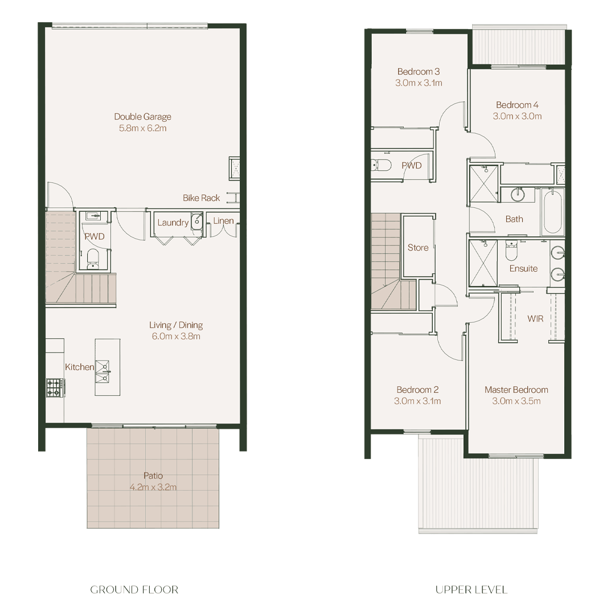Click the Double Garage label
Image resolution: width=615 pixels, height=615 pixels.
[x=142, y=117]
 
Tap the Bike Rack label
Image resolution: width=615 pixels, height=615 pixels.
[x=201, y=198]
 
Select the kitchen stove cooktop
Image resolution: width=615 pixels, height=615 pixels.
[x=55, y=387]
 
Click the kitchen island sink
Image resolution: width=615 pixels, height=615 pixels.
[x=102, y=371]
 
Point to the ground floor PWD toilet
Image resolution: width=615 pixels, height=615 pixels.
[x=93, y=258]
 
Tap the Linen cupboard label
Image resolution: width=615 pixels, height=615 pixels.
[x=223, y=221]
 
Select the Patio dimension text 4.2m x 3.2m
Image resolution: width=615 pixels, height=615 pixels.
[x=153, y=487]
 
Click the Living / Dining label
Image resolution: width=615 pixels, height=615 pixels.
[x=176, y=325]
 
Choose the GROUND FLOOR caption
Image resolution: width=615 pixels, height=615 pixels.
[x=134, y=589]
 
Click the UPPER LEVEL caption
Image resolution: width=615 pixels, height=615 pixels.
[x=471, y=589]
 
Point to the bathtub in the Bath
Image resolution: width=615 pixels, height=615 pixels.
[x=552, y=211]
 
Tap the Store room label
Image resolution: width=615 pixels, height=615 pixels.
[x=418, y=248]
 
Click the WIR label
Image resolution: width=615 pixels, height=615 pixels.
[x=535, y=318]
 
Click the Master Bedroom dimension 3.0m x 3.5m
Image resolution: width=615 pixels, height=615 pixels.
[x=516, y=401]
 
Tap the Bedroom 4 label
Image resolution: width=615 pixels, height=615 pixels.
[x=517, y=105]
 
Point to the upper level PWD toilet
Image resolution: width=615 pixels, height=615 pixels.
[x=381, y=165]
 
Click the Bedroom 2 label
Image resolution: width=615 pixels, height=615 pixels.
[x=417, y=390]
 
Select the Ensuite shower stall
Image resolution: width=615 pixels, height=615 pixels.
[x=483, y=263]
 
